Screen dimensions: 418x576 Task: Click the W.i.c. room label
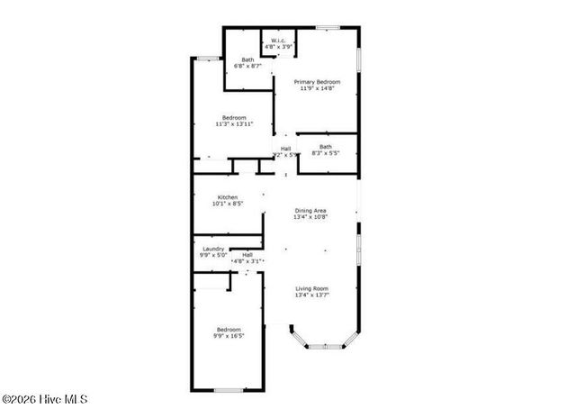click(278, 41)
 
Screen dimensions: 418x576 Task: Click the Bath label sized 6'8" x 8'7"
click(247, 59)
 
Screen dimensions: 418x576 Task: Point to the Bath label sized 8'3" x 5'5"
click(325, 147)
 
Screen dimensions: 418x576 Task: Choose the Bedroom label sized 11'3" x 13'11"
click(234, 118)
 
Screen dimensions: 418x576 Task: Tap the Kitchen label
click(227, 197)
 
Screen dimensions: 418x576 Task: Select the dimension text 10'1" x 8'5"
click(227, 204)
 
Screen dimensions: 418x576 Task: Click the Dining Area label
click(310, 210)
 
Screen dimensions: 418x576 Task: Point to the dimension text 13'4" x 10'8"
click(310, 217)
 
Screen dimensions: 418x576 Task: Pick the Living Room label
click(311, 288)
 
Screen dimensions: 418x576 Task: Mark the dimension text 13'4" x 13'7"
click(311, 295)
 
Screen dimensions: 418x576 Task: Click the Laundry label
click(212, 249)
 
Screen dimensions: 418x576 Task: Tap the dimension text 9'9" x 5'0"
click(212, 256)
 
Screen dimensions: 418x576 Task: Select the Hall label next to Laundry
click(247, 254)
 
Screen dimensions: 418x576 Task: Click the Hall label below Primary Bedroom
click(285, 149)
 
